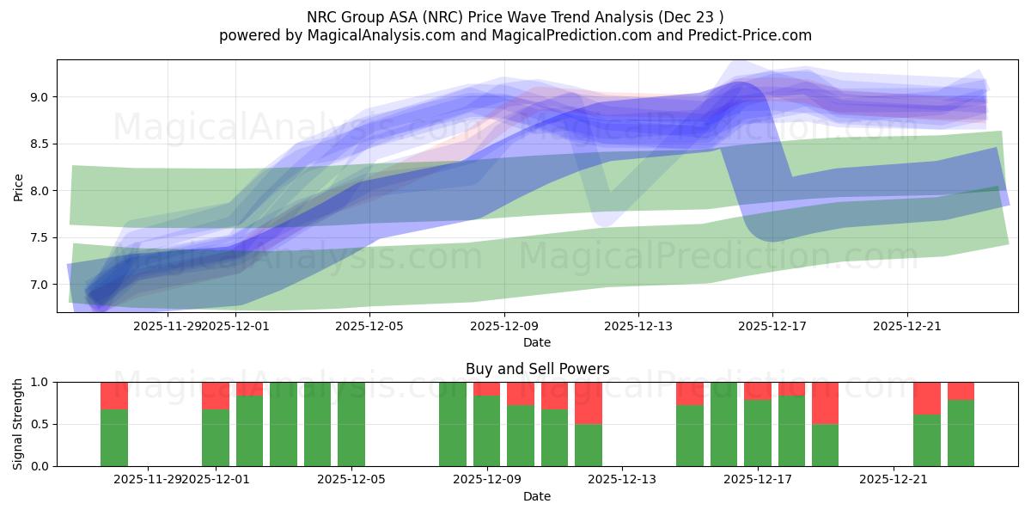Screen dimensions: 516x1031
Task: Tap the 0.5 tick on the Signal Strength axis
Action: (40, 424)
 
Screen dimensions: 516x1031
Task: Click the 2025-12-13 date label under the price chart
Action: (638, 326)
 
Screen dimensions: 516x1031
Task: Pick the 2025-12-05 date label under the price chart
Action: (369, 326)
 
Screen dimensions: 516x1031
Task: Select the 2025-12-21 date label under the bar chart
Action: (894, 479)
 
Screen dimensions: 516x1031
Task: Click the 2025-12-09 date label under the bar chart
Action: (487, 479)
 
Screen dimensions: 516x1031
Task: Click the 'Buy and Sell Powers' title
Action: (537, 369)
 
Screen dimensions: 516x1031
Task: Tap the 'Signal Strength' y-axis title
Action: (18, 424)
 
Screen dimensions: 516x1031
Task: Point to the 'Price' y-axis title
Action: (18, 187)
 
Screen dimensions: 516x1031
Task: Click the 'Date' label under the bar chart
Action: (537, 496)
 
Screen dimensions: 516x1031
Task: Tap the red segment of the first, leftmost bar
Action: (114, 396)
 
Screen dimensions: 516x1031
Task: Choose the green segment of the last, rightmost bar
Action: (961, 433)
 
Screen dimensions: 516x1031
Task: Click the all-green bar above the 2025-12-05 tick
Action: (351, 424)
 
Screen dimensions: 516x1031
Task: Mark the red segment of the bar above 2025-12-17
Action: (758, 390)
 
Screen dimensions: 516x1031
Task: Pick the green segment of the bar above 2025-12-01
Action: (216, 438)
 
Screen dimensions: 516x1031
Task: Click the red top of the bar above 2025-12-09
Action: (487, 389)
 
